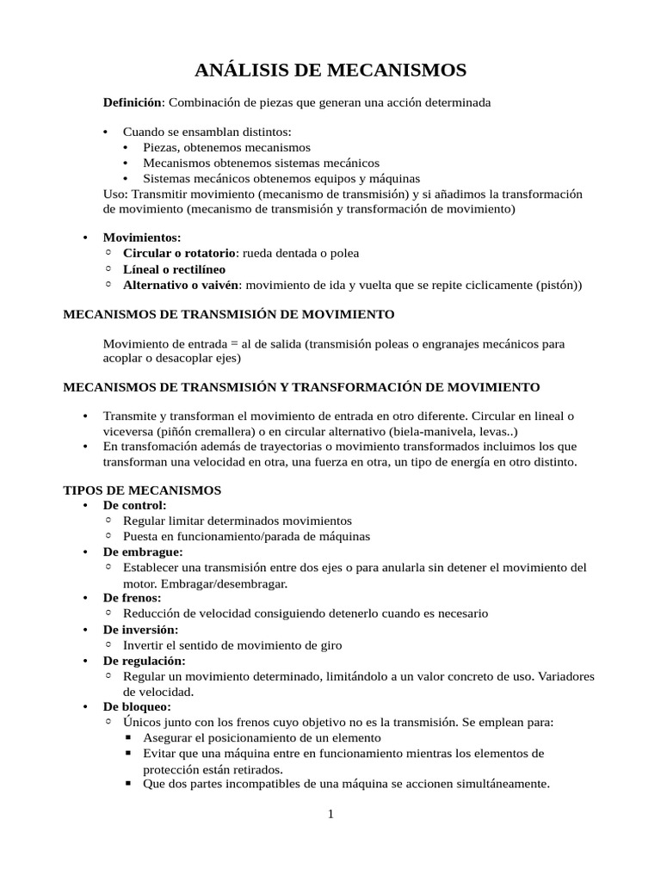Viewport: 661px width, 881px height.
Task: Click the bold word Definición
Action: point(132,102)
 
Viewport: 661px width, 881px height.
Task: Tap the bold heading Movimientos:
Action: point(142,237)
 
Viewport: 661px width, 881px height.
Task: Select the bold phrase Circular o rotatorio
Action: point(179,253)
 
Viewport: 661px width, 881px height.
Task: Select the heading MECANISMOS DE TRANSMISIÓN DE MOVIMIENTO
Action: point(229,315)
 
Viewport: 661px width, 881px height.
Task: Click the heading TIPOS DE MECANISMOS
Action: point(142,490)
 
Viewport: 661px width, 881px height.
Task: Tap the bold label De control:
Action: point(134,506)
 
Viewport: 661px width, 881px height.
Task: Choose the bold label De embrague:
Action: point(143,552)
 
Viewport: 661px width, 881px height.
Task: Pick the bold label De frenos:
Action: point(132,598)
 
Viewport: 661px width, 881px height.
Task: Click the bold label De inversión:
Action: point(140,630)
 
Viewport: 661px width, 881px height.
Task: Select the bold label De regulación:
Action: point(144,661)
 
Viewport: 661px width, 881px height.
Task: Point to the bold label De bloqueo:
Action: point(137,707)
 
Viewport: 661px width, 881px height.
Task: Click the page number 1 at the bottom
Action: point(330,815)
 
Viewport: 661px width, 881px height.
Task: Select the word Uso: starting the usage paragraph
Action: point(115,194)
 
